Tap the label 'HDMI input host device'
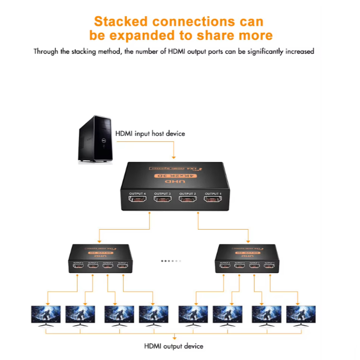(x=150, y=134)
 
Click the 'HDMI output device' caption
(x=174, y=346)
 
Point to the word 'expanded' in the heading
(x=155, y=36)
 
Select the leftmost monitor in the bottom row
(x=46, y=314)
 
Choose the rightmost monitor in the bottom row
(x=301, y=314)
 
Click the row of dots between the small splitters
(x=171, y=261)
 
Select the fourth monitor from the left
(x=154, y=314)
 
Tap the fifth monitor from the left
(x=193, y=314)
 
